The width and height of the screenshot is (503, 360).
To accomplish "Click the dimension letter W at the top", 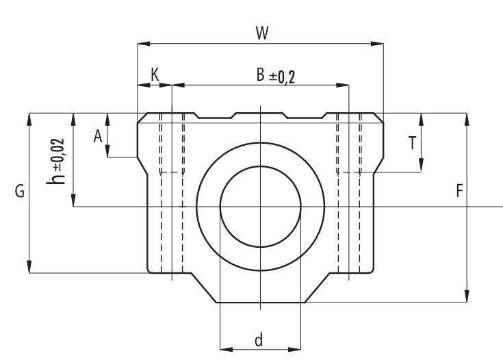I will point(261,34).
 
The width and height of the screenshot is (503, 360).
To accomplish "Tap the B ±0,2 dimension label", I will point(276,76).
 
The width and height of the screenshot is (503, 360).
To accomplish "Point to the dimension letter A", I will point(99,136).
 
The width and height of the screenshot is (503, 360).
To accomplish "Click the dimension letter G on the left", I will point(20,192).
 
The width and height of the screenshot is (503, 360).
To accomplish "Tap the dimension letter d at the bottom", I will point(259,340).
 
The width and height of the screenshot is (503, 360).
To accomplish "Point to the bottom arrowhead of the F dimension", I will point(467,297).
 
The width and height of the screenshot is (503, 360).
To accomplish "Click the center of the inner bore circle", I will point(260,206).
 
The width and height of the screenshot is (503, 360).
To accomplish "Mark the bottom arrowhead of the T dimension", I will point(421,166).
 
